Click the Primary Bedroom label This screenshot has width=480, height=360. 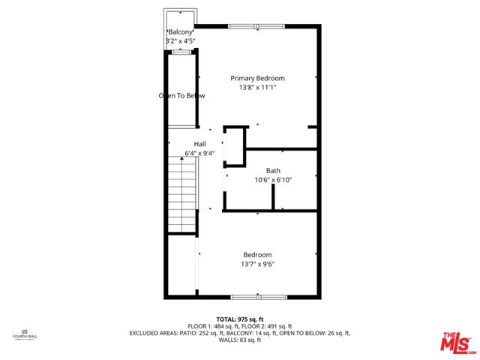pyautogui.click(x=257, y=78)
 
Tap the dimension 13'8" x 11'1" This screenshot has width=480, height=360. pyautogui.click(x=257, y=87)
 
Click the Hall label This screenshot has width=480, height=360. pyautogui.click(x=199, y=144)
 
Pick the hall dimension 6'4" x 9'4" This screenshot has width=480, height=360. pyautogui.click(x=199, y=154)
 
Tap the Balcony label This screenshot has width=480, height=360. pyautogui.click(x=180, y=32)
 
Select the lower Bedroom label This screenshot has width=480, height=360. pyautogui.click(x=256, y=255)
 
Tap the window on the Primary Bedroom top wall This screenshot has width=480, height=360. pyautogui.click(x=257, y=27)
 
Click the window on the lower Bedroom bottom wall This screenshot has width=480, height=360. pyautogui.click(x=258, y=297)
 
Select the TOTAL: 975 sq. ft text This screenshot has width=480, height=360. pyautogui.click(x=240, y=319)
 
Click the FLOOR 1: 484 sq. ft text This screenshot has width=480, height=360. pyautogui.click(x=213, y=326)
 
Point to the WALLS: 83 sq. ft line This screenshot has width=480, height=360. pyautogui.click(x=239, y=340)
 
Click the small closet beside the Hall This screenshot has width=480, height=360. pyautogui.click(x=235, y=145)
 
